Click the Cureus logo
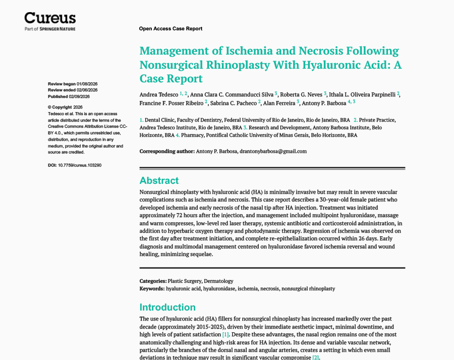coord(50,19)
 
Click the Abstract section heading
coord(159,180)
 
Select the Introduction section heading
coord(167,307)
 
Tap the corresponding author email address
coord(273,151)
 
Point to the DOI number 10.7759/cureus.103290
coord(80,165)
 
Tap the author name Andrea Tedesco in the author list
coord(158,94)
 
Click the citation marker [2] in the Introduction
coord(316,357)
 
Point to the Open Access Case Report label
coord(171,29)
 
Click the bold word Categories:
coord(153,281)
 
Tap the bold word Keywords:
coord(152,288)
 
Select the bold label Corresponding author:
coord(167,151)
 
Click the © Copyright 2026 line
coord(65,107)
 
